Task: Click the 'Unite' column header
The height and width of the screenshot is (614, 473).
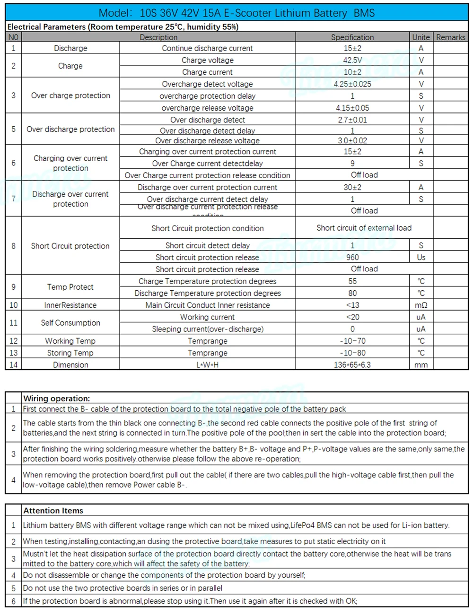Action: pos(420,37)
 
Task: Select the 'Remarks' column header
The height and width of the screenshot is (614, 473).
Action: pos(450,37)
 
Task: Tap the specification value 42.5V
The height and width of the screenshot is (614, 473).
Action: pos(352,60)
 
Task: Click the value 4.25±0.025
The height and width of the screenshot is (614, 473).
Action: pos(352,84)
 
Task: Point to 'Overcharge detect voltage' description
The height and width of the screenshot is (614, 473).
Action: pos(207,84)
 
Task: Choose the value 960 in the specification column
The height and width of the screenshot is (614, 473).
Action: pos(352,258)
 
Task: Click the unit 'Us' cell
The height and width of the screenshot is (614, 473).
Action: pos(421,258)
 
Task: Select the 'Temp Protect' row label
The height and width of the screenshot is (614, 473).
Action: pos(70,287)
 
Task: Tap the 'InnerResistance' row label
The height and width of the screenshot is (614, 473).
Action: pos(70,305)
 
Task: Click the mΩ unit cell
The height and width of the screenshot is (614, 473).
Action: pos(421,305)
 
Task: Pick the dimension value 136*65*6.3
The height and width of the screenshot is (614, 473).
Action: pos(352,365)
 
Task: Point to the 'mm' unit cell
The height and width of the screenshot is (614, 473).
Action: pos(421,365)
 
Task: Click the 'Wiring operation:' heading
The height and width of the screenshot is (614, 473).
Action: pos(56,398)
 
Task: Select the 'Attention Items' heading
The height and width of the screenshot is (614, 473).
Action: pos(53,510)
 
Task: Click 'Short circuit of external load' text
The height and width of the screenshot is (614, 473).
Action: pos(364,228)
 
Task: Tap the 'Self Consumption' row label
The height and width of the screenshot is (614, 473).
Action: pos(70,323)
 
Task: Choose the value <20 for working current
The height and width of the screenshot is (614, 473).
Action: pos(352,317)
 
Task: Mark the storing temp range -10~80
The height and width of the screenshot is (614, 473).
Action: pos(352,353)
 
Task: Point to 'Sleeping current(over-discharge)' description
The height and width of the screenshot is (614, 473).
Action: pos(207,329)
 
